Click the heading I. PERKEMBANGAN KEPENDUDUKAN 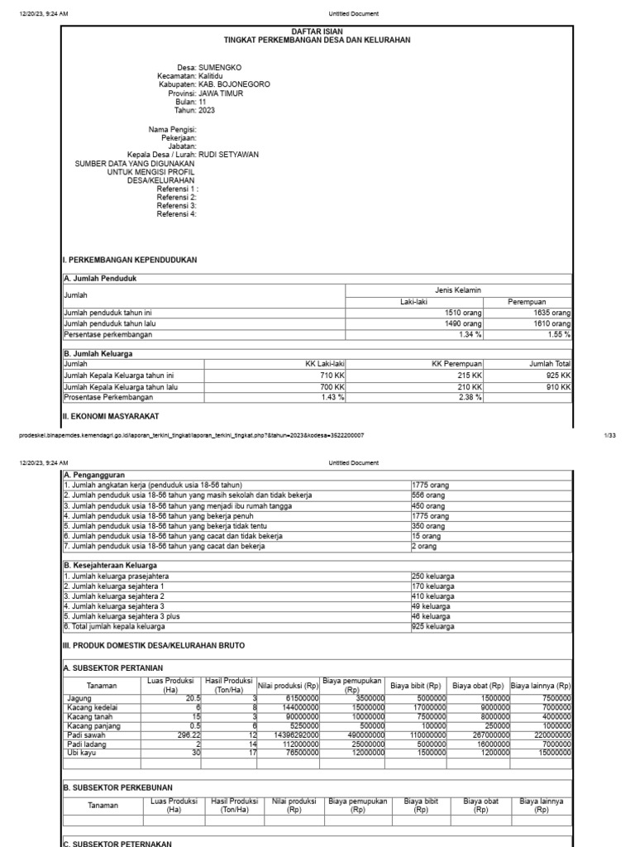coord(130,260)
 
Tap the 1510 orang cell coord(463,313)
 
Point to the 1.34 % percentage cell coord(472,335)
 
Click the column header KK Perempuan coord(457,364)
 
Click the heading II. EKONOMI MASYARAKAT coord(111,415)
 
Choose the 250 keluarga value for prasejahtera coord(432,575)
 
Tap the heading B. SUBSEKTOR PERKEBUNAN coord(118,787)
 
